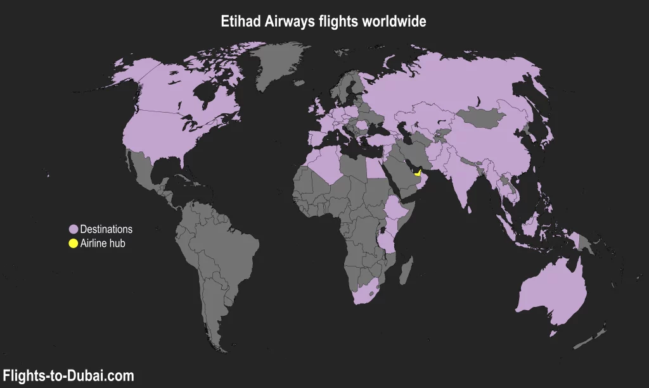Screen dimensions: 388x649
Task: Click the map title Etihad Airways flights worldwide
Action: (324, 21)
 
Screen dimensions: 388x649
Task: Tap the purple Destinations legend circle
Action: (73, 229)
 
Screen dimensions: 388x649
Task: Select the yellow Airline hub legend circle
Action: (73, 243)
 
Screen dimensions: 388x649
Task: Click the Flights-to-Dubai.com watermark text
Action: (68, 376)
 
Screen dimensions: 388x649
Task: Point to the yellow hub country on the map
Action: (417, 173)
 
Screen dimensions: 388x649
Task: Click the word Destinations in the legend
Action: (106, 229)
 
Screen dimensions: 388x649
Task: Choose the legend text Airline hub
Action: (103, 243)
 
